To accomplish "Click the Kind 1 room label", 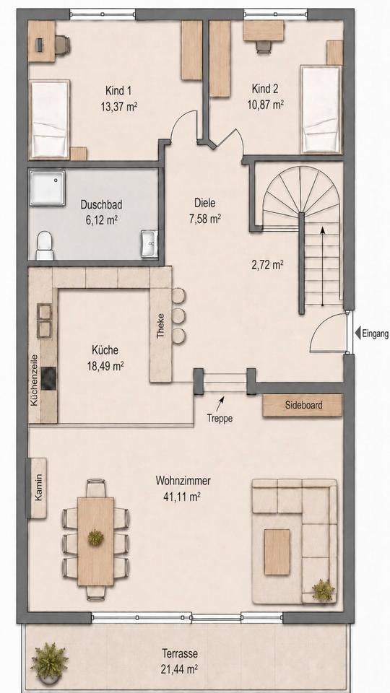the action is click(x=118, y=92).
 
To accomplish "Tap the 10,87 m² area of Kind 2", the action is click(x=265, y=105).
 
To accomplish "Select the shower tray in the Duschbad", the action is click(x=48, y=188).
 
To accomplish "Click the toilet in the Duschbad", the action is click(x=45, y=246).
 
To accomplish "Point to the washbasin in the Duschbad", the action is click(x=149, y=243).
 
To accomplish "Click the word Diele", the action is click(x=204, y=204).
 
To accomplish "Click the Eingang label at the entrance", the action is click(x=376, y=334).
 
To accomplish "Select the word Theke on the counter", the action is click(x=160, y=326).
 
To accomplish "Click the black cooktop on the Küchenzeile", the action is click(x=48, y=379).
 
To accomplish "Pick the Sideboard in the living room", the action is click(x=303, y=405).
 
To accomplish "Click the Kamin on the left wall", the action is click(x=37, y=488).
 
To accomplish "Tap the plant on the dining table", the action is click(x=95, y=538).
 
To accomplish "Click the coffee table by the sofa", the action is click(x=277, y=552).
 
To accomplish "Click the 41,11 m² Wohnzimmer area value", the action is click(x=183, y=497).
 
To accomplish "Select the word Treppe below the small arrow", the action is click(x=220, y=418).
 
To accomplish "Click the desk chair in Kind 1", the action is click(x=62, y=44).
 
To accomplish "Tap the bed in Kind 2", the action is click(x=321, y=110).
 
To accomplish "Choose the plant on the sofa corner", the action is click(x=324, y=590).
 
